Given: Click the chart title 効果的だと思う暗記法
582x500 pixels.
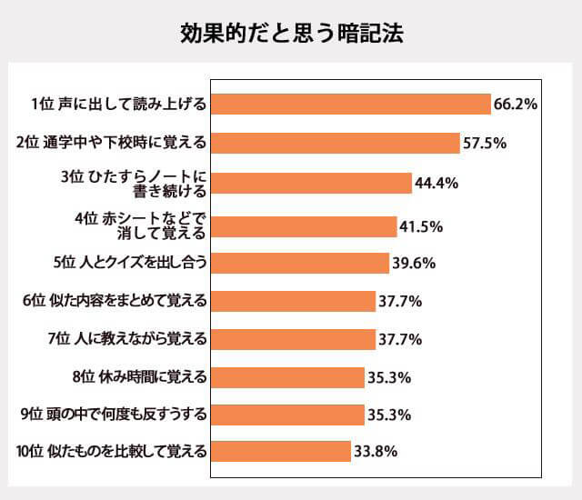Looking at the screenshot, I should (x=291, y=34).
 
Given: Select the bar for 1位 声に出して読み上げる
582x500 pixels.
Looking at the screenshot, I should (x=350, y=105).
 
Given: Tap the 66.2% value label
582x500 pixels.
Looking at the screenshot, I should (x=516, y=105).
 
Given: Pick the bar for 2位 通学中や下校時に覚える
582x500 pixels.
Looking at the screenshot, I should (x=335, y=143).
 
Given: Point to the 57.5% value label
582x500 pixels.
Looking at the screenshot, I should (x=485, y=143).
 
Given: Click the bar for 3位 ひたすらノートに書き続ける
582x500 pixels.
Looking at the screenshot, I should (x=311, y=183).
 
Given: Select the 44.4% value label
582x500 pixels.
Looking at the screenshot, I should (x=436, y=183).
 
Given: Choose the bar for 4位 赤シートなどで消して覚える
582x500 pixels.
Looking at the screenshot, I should (x=304, y=225).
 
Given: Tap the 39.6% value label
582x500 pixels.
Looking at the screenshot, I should (x=414, y=264).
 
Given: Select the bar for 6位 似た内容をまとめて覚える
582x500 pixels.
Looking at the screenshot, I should (x=293, y=301).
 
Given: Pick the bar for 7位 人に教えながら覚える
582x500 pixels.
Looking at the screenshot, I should (x=293, y=339).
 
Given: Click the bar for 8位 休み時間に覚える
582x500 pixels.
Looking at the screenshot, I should (x=287, y=376).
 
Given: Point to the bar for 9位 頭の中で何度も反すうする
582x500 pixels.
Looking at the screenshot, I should (x=287, y=415).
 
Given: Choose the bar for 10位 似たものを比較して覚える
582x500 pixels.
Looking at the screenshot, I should (x=281, y=451).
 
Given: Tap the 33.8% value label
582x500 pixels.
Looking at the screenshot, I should (x=376, y=451).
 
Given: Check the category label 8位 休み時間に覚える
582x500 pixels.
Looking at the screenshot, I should (x=140, y=376).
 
